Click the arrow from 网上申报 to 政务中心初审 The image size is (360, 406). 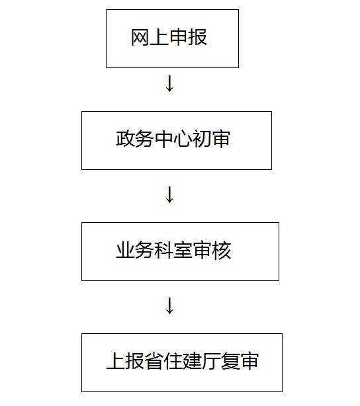pos(169,83)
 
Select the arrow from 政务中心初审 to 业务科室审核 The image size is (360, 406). pos(169,194)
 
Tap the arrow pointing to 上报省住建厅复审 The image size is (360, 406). pos(169,305)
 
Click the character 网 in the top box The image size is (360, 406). pos(140,37)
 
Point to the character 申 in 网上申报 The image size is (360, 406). pos(178,37)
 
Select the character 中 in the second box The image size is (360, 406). pos(163,139)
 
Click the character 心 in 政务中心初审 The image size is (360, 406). pos(183,139)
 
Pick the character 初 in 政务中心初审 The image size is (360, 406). pos(202,139)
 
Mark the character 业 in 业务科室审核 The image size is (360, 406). pos(126,250)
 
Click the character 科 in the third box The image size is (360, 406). pos(163,250)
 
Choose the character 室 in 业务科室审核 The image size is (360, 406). pos(183,250)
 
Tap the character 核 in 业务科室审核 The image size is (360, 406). pos(221,250)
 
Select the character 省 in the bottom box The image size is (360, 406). pos(154,361)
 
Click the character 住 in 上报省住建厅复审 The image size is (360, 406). pos(173,361)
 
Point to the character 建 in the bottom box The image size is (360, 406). pos(192,361)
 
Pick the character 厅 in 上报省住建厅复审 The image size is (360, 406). pos(211,361)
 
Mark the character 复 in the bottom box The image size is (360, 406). pos(230,361)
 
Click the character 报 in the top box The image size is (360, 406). pos(197,37)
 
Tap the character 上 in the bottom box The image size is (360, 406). pos(116,361)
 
